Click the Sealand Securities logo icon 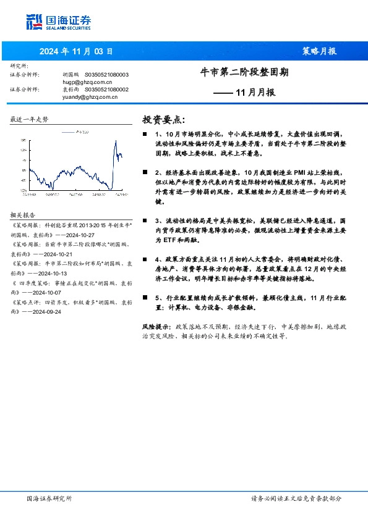(35, 22)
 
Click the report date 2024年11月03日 (76, 52)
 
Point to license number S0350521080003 (106, 74)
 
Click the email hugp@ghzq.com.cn (87, 82)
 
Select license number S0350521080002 (106, 89)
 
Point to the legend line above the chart (67, 132)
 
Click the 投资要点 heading (163, 119)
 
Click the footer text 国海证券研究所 (50, 498)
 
